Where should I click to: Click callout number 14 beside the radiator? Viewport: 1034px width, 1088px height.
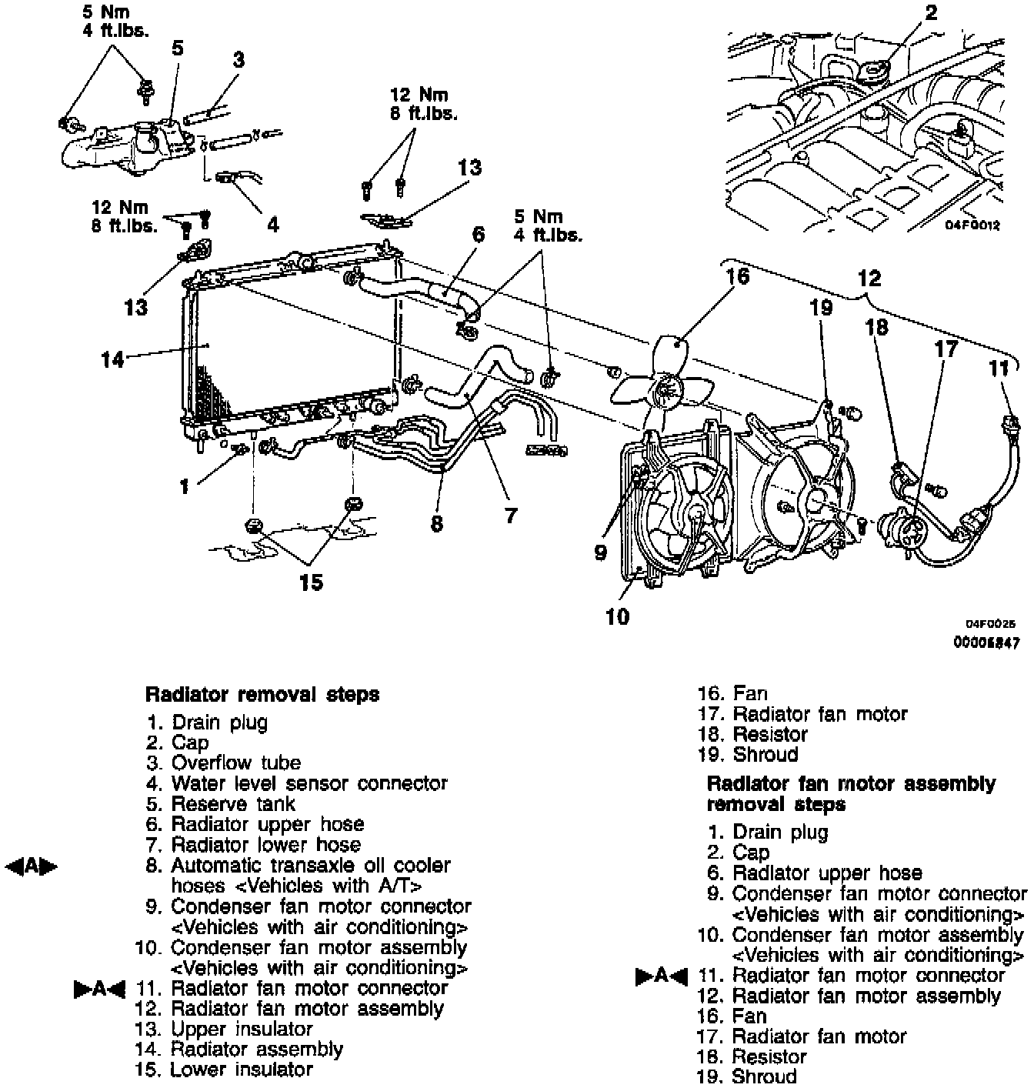pyautogui.click(x=112, y=359)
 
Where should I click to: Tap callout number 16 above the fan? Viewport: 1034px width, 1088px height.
pyautogui.click(x=737, y=275)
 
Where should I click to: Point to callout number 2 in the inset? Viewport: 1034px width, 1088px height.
pyautogui.click(x=931, y=12)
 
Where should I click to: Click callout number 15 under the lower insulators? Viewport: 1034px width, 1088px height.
pyautogui.click(x=311, y=582)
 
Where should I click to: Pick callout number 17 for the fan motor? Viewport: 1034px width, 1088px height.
pyautogui.click(x=946, y=349)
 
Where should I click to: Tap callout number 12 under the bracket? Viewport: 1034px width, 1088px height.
pyautogui.click(x=869, y=278)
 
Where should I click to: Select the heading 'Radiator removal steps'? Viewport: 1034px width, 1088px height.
pyautogui.click(x=262, y=694)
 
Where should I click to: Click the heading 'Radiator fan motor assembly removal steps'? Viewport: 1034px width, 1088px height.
pyautogui.click(x=850, y=794)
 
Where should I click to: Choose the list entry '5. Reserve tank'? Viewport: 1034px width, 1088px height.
pyautogui.click(x=222, y=804)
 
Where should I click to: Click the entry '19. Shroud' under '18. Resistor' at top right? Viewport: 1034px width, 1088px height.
pyautogui.click(x=748, y=755)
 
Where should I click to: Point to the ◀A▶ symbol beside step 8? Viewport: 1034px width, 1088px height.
pyautogui.click(x=32, y=866)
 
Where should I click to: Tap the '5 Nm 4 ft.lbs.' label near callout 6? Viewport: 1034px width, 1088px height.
pyautogui.click(x=549, y=225)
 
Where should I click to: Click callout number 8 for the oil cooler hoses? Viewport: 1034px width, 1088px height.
pyautogui.click(x=437, y=524)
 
